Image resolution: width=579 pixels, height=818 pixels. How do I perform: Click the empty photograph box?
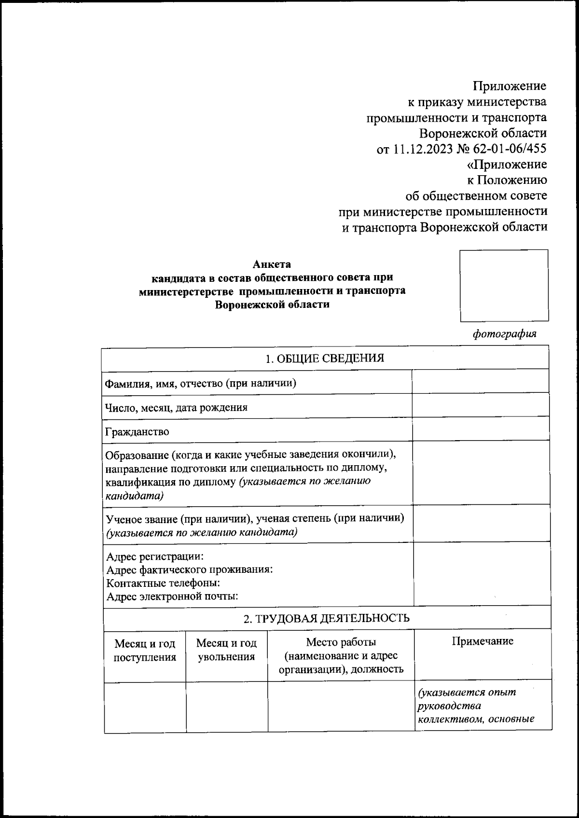[x=504, y=285]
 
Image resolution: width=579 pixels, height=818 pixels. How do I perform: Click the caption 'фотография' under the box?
[x=504, y=334]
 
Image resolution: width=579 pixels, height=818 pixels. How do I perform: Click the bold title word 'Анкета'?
[x=272, y=264]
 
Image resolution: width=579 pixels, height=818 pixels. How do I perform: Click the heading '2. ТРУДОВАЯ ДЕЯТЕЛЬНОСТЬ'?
[x=326, y=618]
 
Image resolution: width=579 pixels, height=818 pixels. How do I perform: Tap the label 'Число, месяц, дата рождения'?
[x=177, y=407]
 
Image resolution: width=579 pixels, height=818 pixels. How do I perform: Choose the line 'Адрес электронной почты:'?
[x=172, y=596]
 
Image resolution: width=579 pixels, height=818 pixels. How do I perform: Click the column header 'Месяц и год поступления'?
[x=145, y=650]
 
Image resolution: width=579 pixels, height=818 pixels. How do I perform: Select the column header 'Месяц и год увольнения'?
[x=226, y=650]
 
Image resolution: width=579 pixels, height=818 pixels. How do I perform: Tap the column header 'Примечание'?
[x=482, y=641]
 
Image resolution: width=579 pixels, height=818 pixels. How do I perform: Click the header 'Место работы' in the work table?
[x=341, y=642]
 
